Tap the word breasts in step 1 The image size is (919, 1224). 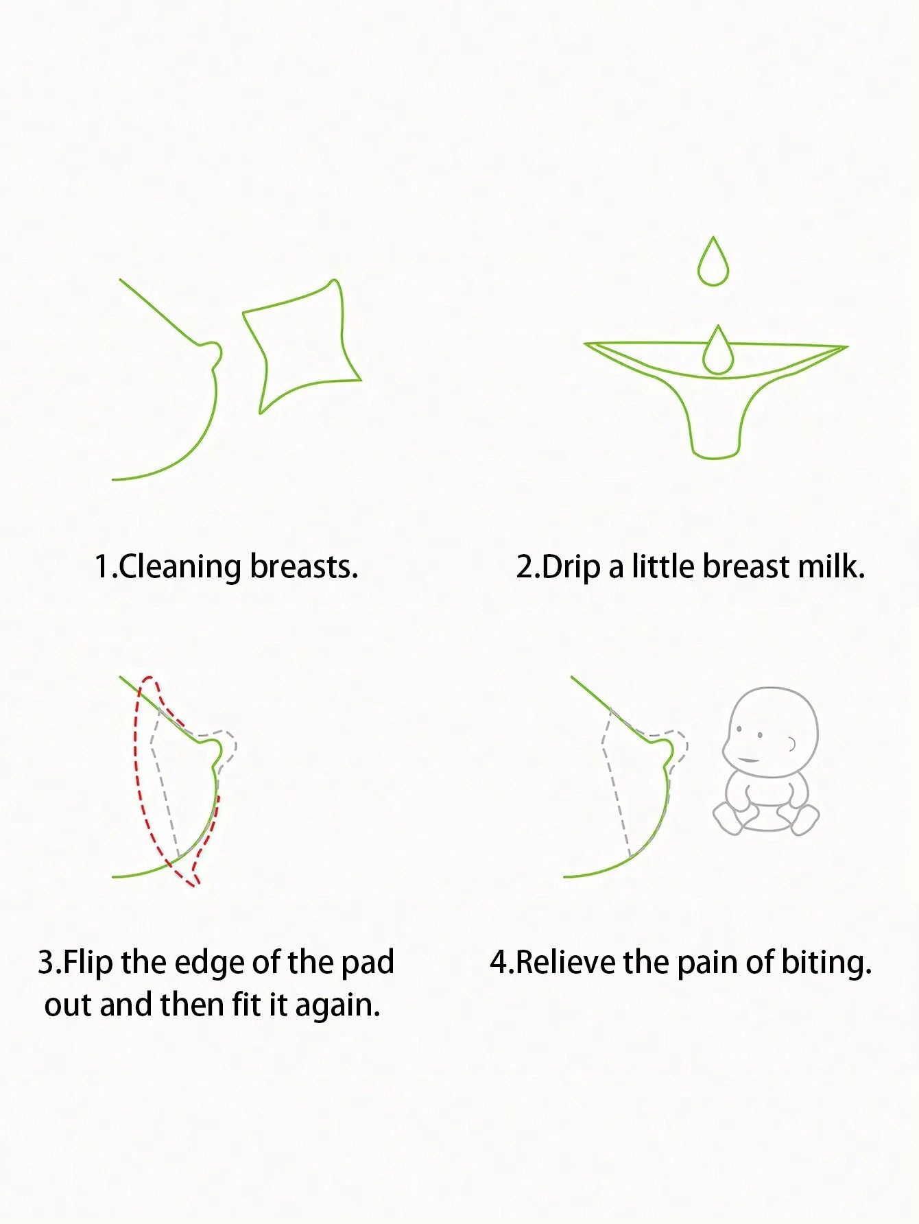(x=304, y=566)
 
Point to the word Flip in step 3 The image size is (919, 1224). (x=88, y=962)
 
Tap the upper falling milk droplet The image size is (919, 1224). (x=713, y=262)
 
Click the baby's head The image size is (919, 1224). (x=771, y=732)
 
